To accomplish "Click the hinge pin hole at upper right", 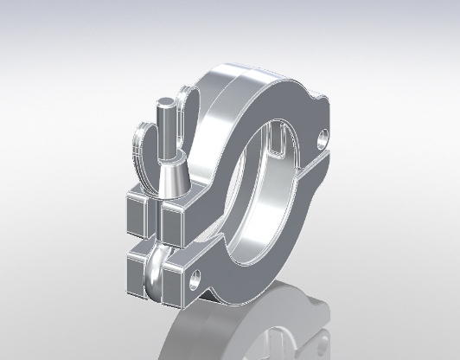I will (x=323, y=137).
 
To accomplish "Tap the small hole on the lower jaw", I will (x=199, y=279).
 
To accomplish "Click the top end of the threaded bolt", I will (x=163, y=106).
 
